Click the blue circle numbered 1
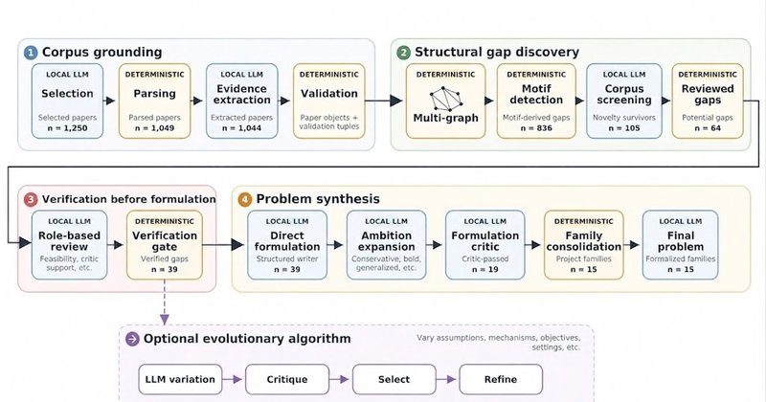(x=31, y=53)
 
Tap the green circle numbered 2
(x=403, y=53)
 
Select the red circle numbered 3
(x=31, y=199)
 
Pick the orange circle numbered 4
(x=245, y=199)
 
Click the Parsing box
(x=154, y=101)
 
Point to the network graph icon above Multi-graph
(x=446, y=99)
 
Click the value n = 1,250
(x=67, y=128)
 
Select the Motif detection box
(x=536, y=101)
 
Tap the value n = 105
(x=624, y=128)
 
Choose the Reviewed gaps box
(x=708, y=101)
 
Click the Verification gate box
(x=165, y=245)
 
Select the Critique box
(x=286, y=379)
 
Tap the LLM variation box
(x=180, y=379)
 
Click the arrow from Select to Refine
(x=446, y=379)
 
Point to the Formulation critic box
(x=485, y=245)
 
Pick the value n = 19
(x=485, y=269)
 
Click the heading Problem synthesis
(x=318, y=199)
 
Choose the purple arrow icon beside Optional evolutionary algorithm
(x=132, y=339)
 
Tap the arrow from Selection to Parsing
(x=109, y=100)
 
